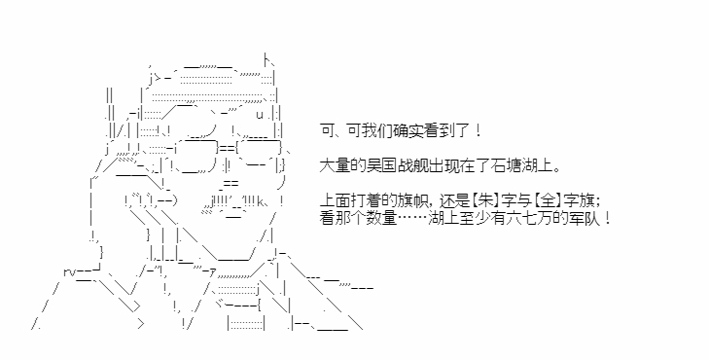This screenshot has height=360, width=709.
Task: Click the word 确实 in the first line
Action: [x=399, y=130]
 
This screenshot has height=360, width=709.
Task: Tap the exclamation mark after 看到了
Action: [x=479, y=130]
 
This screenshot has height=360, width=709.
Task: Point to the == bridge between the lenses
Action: [x=228, y=148]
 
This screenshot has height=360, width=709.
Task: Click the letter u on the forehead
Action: [x=260, y=115]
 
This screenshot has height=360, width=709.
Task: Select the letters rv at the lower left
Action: [x=69, y=272]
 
